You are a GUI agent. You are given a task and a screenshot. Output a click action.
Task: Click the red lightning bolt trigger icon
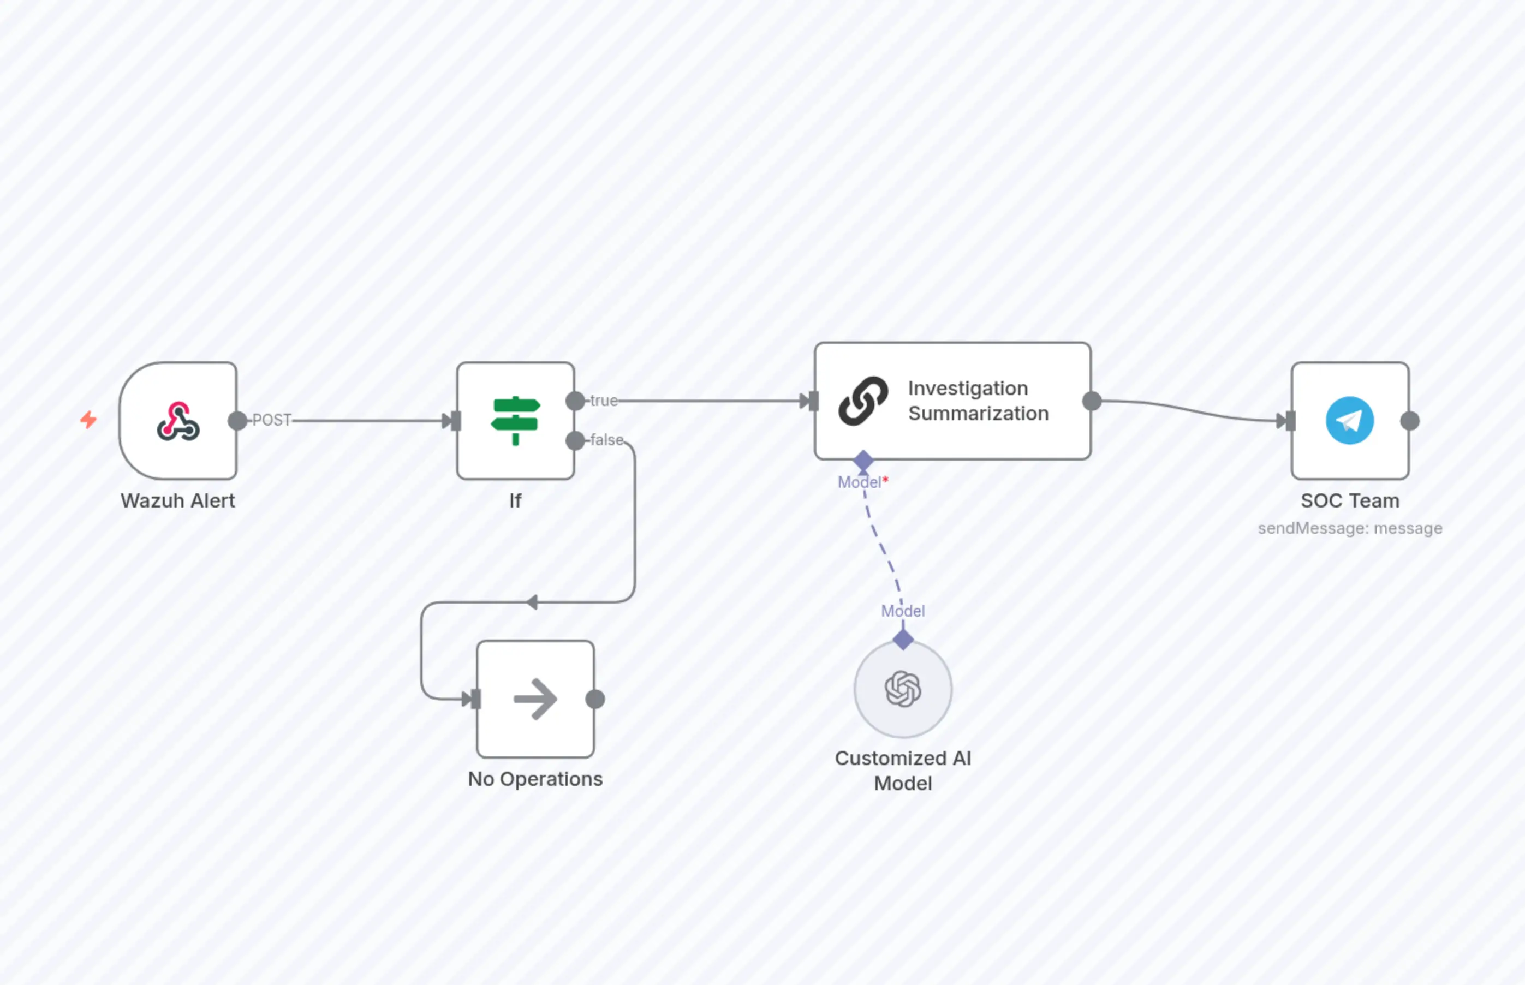[x=88, y=420]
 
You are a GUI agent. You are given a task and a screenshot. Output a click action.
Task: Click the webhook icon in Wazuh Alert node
[x=178, y=421]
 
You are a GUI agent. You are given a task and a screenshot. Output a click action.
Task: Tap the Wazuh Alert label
[x=178, y=501]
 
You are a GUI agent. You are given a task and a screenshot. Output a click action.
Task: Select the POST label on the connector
[x=271, y=420]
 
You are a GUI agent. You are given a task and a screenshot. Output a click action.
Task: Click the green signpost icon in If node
[x=516, y=420]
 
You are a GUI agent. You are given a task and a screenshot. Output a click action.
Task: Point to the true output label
[x=603, y=401]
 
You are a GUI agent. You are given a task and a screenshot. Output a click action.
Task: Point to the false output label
[x=606, y=440]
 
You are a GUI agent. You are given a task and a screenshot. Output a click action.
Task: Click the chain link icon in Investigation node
[x=863, y=401]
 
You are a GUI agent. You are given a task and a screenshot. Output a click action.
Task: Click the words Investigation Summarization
[x=978, y=401]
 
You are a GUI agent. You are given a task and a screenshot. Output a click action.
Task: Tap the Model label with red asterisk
[x=862, y=482]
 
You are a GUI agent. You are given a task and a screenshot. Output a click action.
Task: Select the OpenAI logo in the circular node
[x=903, y=689]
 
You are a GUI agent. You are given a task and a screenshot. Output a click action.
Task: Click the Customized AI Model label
[x=903, y=771]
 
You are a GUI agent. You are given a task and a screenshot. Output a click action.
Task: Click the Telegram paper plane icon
[x=1350, y=421]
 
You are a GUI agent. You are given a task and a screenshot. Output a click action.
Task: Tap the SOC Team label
[x=1350, y=501]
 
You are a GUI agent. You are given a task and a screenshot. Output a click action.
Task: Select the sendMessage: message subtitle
[x=1350, y=528]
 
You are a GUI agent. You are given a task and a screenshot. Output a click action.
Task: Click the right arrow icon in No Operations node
[x=535, y=699]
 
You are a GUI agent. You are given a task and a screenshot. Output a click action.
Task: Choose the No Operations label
[x=535, y=779]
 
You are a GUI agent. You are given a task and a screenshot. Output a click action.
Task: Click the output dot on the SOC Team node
[x=1410, y=421]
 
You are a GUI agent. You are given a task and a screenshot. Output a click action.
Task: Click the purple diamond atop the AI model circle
[x=903, y=639]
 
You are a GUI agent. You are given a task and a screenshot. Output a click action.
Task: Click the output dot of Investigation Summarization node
[x=1092, y=401]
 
